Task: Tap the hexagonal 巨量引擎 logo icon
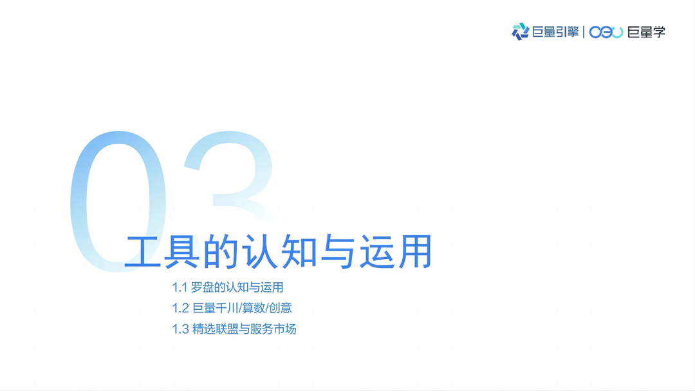point(520,32)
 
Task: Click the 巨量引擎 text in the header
point(555,32)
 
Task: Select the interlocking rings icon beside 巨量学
point(606,32)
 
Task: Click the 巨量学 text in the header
point(646,32)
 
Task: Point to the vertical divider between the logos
point(584,32)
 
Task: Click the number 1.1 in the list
point(180,287)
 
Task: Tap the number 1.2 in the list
point(180,308)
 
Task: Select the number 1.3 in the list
point(180,329)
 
